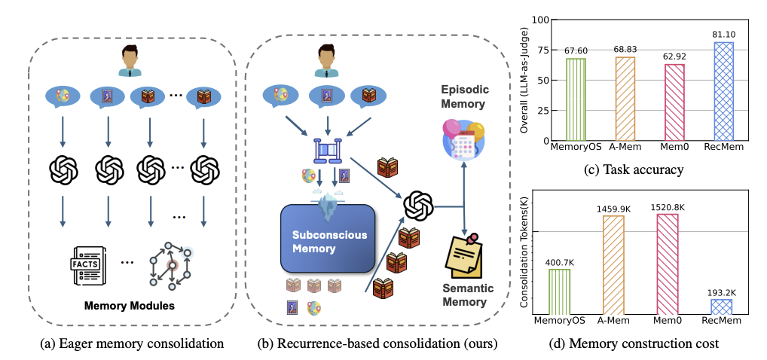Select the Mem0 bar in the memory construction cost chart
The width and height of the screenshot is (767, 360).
668,264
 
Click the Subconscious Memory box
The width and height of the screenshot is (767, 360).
327,238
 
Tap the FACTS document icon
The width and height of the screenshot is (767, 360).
88,266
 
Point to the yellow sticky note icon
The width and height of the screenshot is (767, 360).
463,255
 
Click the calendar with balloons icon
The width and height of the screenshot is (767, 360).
463,139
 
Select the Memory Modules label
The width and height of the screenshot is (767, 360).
129,307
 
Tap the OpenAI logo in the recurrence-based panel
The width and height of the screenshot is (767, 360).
417,206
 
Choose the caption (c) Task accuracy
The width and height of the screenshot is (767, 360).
634,169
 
